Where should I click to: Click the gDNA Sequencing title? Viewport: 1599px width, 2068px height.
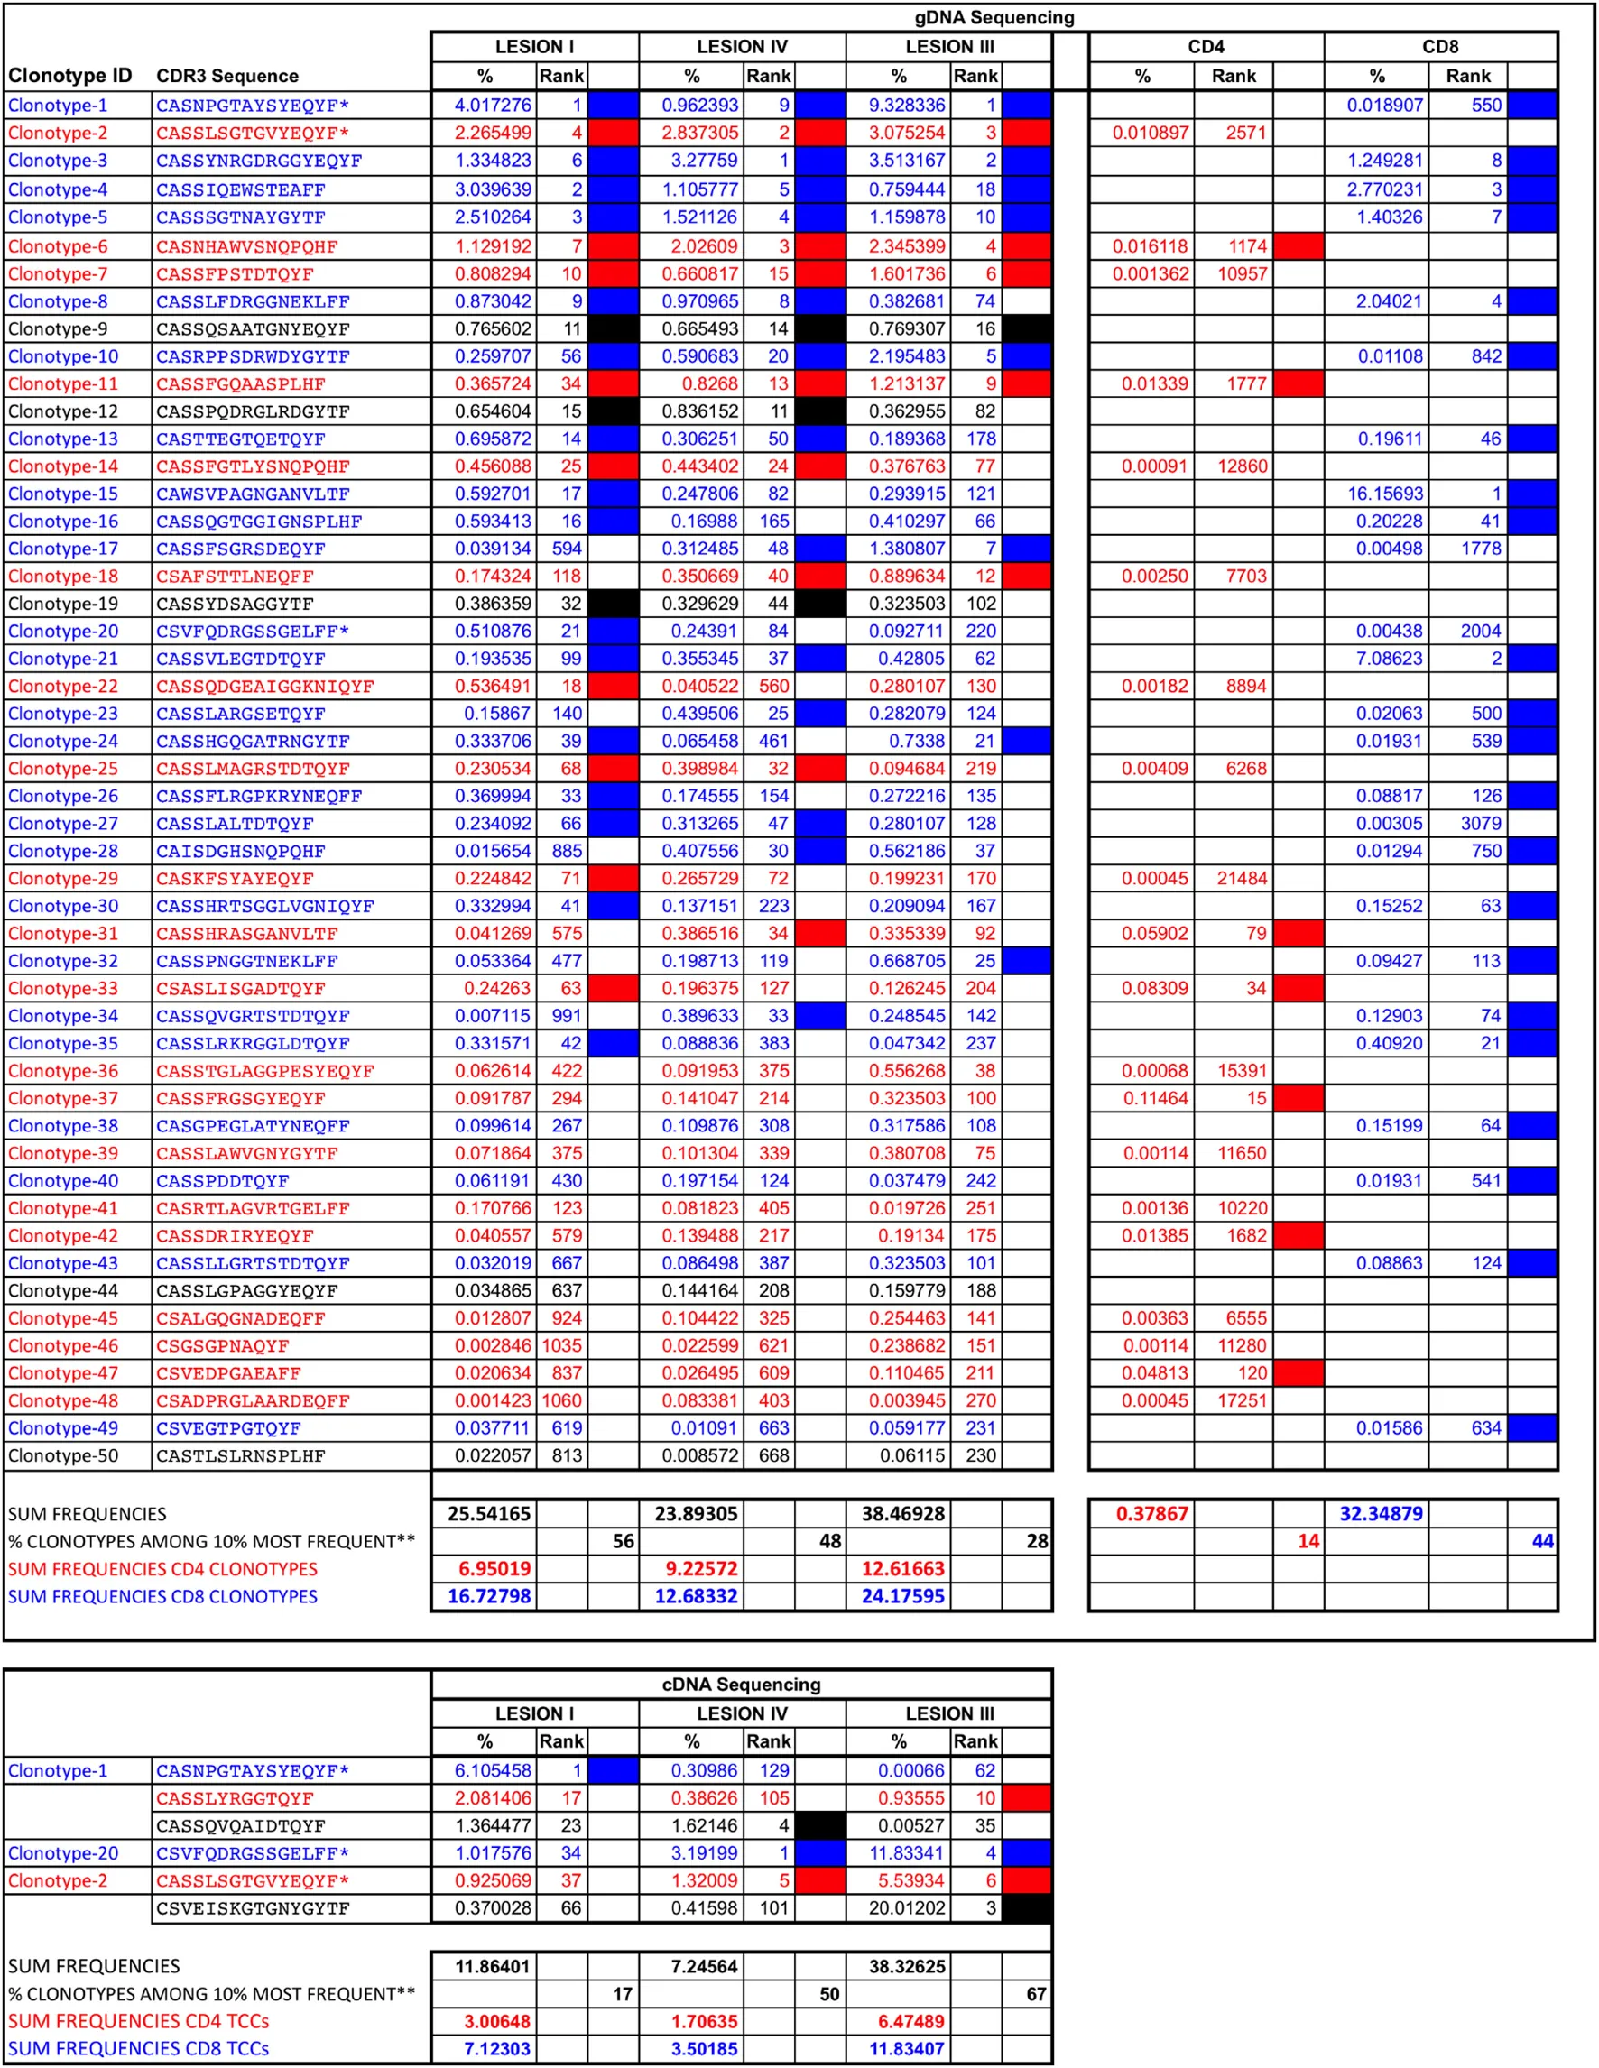tap(994, 17)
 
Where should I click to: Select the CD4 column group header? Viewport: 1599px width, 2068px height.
tap(1206, 46)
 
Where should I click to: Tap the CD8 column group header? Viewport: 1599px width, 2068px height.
tap(1439, 46)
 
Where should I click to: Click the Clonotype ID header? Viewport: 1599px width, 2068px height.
tap(70, 76)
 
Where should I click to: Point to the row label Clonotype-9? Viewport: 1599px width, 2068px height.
tap(58, 328)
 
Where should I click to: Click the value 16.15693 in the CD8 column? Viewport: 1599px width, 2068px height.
tap(1384, 494)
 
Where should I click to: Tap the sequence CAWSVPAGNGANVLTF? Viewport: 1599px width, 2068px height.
tap(252, 494)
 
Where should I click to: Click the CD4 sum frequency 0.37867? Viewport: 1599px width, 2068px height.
tap(1151, 1513)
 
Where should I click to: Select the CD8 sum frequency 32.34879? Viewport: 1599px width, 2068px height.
tap(1381, 1513)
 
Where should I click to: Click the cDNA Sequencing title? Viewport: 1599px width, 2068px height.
tap(740, 1684)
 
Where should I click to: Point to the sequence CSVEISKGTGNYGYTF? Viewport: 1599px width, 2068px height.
tap(252, 1908)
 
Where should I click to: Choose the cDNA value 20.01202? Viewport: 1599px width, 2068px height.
tap(906, 1908)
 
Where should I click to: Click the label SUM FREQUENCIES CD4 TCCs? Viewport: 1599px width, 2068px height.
tap(138, 2021)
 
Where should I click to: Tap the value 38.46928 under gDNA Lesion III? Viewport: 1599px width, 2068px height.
tap(902, 1513)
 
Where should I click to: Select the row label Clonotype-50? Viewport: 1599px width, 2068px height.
tap(62, 1455)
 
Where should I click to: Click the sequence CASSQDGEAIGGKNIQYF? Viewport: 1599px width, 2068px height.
tap(264, 686)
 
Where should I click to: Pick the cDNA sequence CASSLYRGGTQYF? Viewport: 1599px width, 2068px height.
tap(234, 1798)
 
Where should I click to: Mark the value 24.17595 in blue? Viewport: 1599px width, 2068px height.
tap(902, 1595)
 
